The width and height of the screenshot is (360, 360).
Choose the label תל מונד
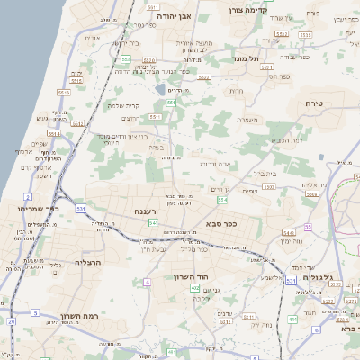(246, 58)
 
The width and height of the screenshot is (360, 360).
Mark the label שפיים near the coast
(40, 144)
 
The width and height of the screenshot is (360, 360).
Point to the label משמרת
(247, 120)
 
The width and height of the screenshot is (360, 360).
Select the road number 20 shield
(11, 320)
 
